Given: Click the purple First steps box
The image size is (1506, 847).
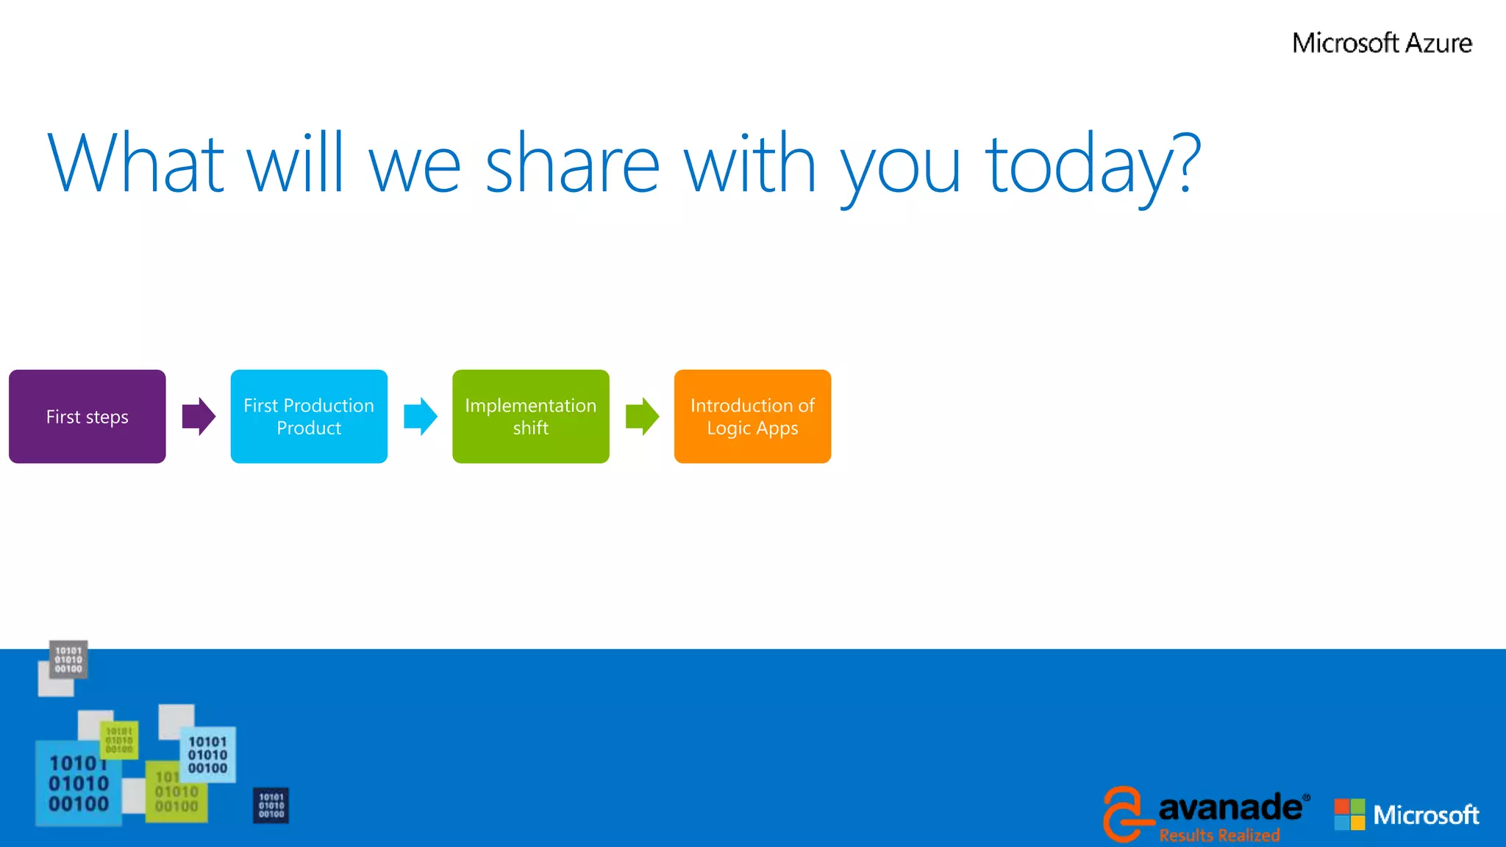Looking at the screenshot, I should [87, 416].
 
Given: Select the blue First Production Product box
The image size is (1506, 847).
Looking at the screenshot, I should [309, 416].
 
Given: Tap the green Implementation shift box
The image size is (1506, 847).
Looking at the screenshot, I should [530, 416].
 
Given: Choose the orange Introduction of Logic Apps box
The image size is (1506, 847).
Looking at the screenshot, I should [752, 416].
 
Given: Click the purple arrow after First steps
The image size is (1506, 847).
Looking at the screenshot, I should [199, 416].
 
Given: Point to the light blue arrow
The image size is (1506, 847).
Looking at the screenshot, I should [421, 416].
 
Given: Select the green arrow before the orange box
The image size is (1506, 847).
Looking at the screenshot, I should [642, 416].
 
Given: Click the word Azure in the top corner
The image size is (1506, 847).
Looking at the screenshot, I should [1438, 43].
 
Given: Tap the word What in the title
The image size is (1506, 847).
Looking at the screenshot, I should [136, 163].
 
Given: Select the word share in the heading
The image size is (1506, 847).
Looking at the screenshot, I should [572, 163].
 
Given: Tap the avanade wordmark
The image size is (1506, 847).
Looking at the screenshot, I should [1230, 807].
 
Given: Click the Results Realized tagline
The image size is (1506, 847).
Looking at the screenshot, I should [1219, 835].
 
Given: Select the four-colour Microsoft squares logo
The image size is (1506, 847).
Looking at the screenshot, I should [1349, 815].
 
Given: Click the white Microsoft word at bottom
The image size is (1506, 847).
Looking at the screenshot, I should [1426, 815].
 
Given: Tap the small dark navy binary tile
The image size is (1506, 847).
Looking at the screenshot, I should [271, 805].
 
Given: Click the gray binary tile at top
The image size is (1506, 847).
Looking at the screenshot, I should [68, 659].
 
